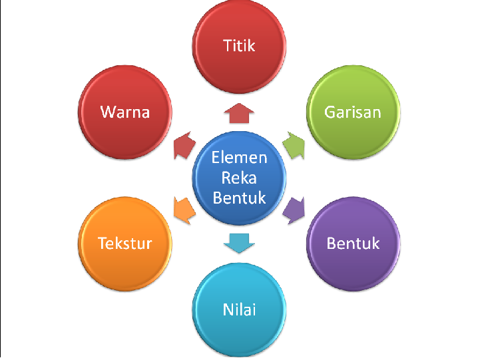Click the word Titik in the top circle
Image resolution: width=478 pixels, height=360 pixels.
click(x=239, y=45)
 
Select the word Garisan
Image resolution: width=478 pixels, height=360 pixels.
click(x=352, y=111)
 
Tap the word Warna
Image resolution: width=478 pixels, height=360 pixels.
click(x=125, y=111)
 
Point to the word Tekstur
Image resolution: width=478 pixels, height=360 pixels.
click(x=125, y=243)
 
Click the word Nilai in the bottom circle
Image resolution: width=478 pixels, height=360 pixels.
click(x=239, y=309)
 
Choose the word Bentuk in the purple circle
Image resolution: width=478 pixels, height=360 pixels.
click(x=352, y=243)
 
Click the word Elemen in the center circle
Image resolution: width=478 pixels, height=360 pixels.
click(x=239, y=158)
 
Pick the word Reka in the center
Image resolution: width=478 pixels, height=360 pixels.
click(x=239, y=178)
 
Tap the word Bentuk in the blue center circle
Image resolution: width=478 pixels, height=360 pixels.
click(x=239, y=198)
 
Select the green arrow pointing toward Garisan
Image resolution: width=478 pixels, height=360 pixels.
click(x=294, y=144)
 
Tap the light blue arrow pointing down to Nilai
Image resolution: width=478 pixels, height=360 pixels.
click(x=238, y=242)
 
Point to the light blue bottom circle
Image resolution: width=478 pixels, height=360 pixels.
click(x=239, y=329)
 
